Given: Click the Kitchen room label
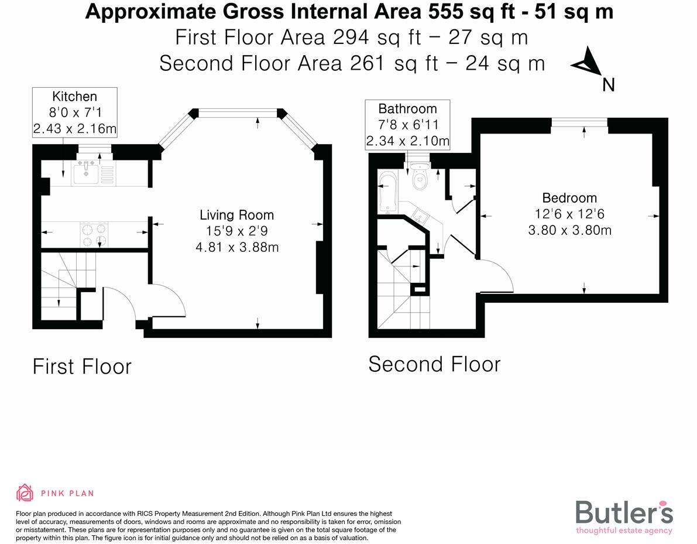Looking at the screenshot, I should tap(74, 97).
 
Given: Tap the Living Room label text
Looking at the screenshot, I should tap(236, 215).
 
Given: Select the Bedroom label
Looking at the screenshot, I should tap(569, 198).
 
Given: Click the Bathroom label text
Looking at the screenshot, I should tap(407, 109).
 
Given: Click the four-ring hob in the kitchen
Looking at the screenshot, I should tap(94, 235).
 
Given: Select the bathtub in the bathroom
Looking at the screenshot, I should tap(387, 192).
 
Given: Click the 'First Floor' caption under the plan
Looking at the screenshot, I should tap(82, 367).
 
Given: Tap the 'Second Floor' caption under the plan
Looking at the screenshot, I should tap(434, 364).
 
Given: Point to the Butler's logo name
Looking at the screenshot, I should tap(624, 512).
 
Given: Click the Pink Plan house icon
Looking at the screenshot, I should tap(25, 493).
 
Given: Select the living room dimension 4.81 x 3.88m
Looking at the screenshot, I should tap(236, 247).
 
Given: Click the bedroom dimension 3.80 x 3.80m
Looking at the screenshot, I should tap(569, 230).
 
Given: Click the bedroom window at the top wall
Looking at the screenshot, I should tap(579, 122).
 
